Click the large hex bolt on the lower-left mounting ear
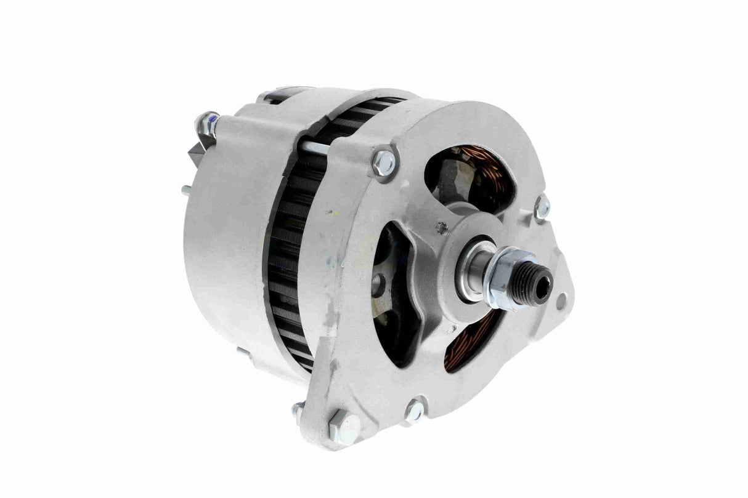click(348, 424)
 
